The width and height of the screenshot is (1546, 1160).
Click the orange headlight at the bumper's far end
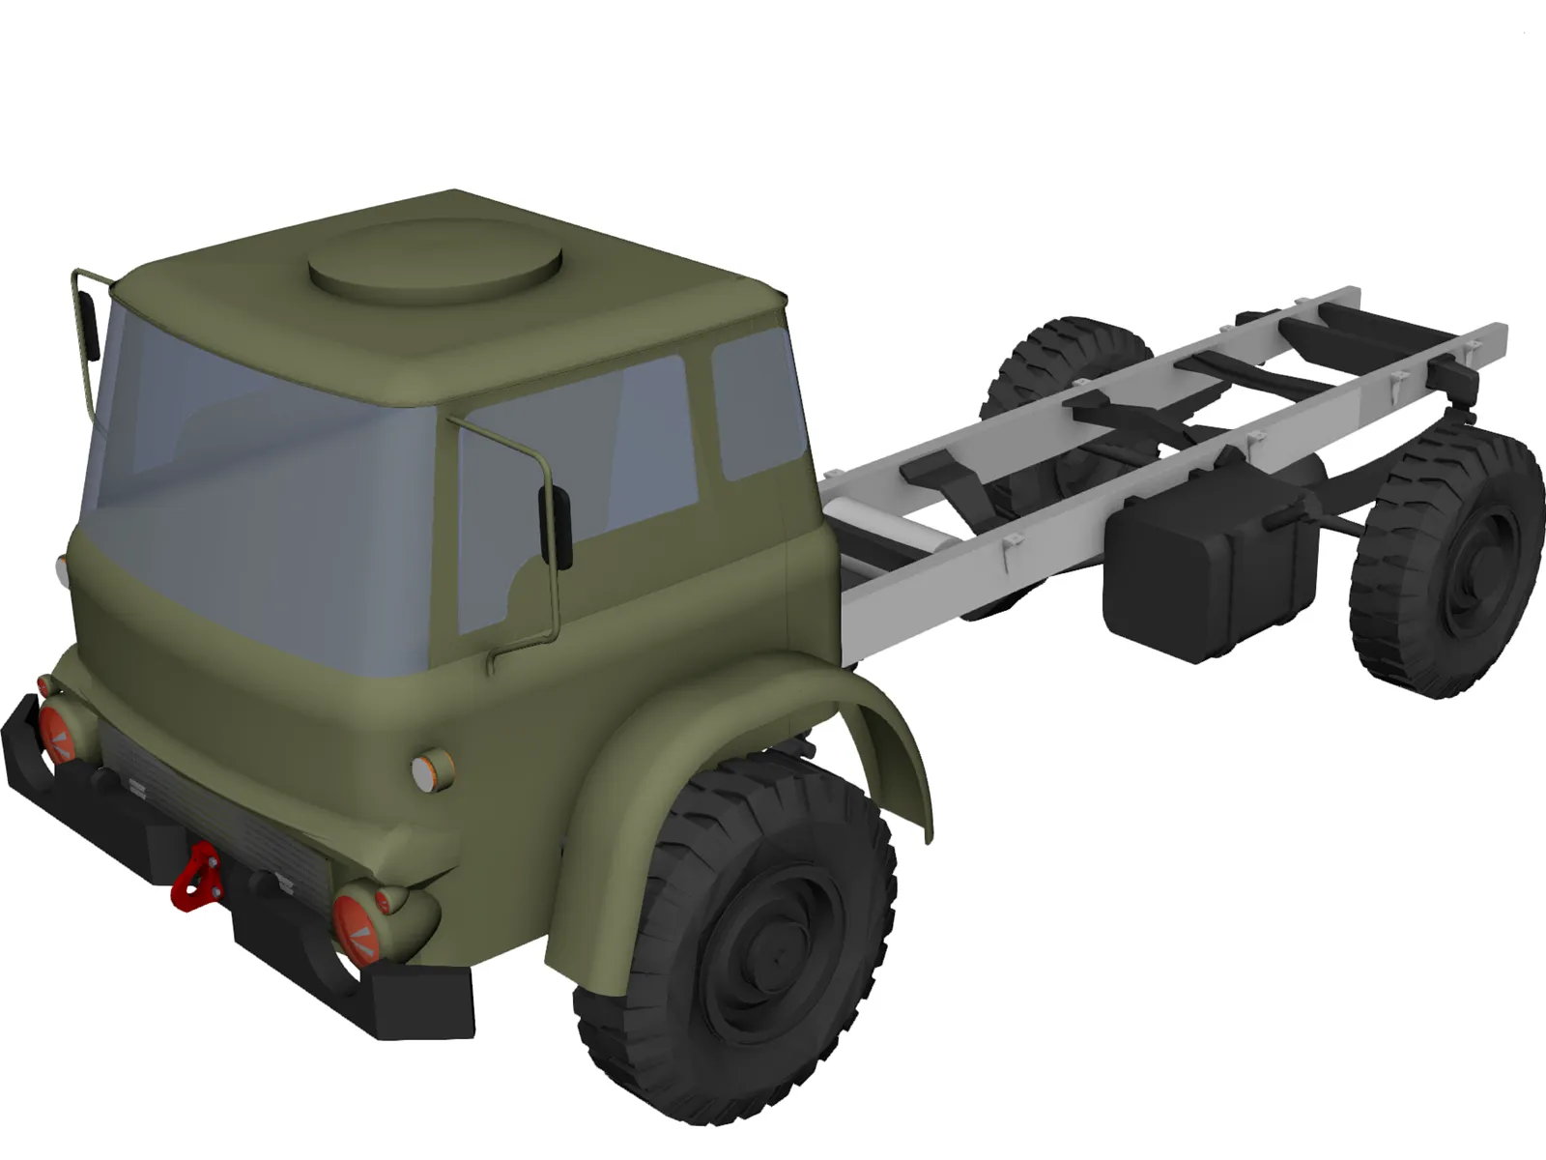56,730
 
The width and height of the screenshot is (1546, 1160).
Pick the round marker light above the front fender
432,770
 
